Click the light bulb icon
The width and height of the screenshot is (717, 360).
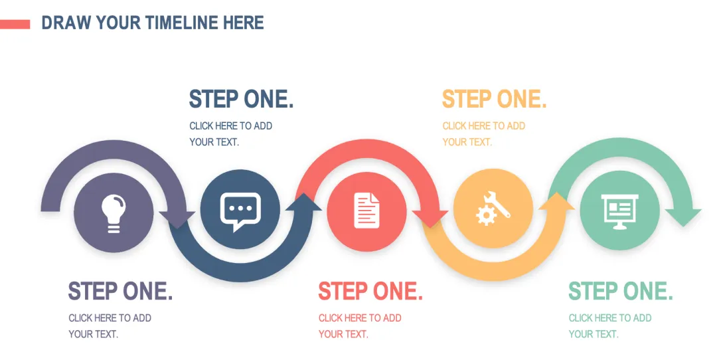click(x=114, y=213)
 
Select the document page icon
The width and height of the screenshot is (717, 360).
click(x=366, y=211)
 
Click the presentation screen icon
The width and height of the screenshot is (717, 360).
click(x=619, y=211)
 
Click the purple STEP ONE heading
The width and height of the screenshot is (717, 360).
click(x=120, y=291)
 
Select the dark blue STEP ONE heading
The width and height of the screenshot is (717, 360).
click(x=241, y=99)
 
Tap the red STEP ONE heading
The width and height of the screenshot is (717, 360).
click(x=370, y=291)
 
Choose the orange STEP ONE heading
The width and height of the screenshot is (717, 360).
click(x=494, y=99)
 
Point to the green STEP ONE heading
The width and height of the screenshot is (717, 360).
click(x=621, y=291)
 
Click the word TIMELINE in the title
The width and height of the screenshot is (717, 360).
click(x=182, y=23)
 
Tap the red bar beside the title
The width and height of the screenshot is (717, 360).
click(x=15, y=25)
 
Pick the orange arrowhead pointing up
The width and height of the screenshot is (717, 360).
click(x=556, y=201)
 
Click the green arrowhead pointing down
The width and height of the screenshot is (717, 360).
click(x=683, y=216)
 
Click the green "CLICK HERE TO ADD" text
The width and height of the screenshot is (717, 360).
click(x=610, y=318)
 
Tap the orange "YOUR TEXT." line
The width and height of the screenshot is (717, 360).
click(x=467, y=141)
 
